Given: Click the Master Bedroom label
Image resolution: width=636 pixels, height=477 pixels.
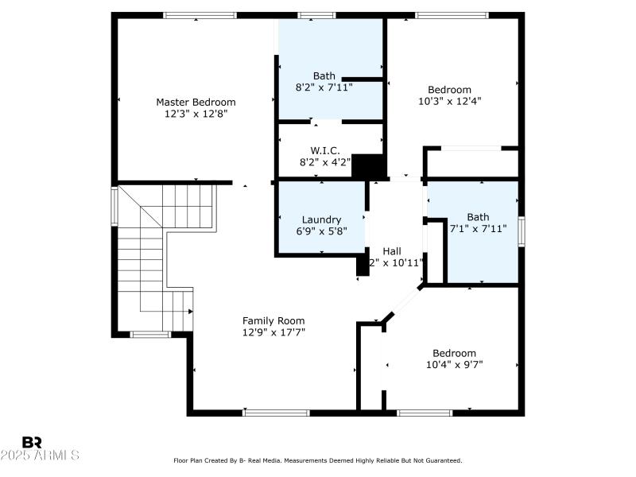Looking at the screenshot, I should click(196, 102).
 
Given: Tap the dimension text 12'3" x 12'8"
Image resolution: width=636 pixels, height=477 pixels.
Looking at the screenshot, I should click(196, 114).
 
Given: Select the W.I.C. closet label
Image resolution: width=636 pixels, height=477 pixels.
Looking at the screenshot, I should click(325, 149).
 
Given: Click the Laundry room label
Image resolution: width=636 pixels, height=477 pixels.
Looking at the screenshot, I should click(321, 219).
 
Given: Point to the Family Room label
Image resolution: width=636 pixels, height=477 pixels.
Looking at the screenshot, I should click(273, 320).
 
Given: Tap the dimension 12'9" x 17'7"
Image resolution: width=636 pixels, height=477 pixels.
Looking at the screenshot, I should click(273, 332).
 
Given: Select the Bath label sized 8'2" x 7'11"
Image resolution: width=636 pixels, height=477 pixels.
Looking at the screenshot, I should click(324, 76).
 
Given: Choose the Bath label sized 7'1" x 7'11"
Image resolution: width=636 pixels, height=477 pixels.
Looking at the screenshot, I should click(478, 216).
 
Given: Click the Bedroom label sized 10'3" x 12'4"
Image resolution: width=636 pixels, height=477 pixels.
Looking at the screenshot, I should click(449, 90).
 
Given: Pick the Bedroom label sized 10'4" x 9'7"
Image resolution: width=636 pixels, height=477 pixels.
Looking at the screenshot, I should click(454, 353).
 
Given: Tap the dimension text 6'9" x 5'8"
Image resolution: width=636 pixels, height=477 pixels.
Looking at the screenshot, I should click(321, 231).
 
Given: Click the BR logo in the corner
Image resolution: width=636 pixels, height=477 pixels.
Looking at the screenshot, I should click(32, 442).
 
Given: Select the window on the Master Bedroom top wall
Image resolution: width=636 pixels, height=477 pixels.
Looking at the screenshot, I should click(200, 15).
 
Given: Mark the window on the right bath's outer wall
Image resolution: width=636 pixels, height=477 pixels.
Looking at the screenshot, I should click(522, 231).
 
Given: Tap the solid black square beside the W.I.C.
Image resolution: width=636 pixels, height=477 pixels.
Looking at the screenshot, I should click(367, 165).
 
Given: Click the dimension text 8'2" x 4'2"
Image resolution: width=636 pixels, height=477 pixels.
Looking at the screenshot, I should click(325, 161).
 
